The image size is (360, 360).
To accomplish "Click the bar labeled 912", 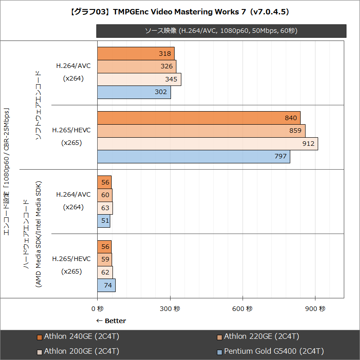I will pos(207,144).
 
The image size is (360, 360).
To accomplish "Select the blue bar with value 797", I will pos(193,157).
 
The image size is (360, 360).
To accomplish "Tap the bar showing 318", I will pos(135,54).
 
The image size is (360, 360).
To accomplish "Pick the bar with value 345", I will pos(139,79).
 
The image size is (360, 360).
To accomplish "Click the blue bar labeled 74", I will pos(106,285).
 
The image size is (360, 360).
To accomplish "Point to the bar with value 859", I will pos(201,131).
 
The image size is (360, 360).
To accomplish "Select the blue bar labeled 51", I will pos(103,221).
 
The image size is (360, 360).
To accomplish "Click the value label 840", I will pos(291,118).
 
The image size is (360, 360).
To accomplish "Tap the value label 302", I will pos(161,92).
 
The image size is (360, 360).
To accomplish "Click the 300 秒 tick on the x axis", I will pos(170,309).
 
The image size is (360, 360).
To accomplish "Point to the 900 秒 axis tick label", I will pos(315,309).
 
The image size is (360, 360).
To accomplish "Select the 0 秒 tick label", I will pos(97,309).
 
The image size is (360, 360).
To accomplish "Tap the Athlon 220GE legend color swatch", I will pos(219,337).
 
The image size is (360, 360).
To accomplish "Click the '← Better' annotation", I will pos(111,321).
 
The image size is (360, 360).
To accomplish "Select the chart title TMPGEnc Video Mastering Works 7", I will pos(180,12).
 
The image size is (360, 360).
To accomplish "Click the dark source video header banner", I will pos(221,31).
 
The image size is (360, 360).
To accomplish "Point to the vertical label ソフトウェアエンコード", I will pos(38,105).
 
